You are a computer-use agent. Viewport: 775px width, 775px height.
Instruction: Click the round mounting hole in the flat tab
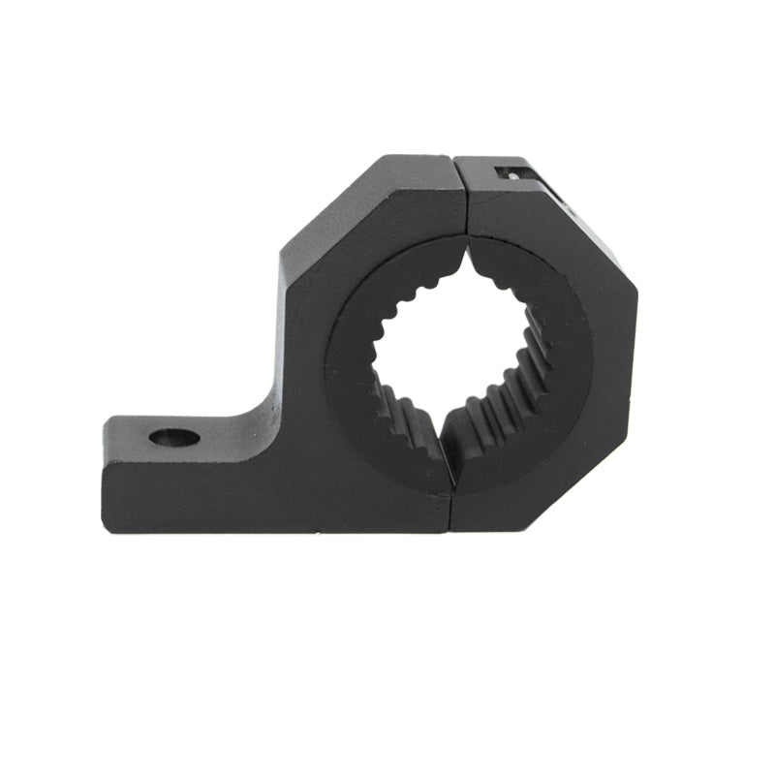(174, 437)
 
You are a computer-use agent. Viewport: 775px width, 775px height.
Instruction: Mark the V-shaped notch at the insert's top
(467, 254)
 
